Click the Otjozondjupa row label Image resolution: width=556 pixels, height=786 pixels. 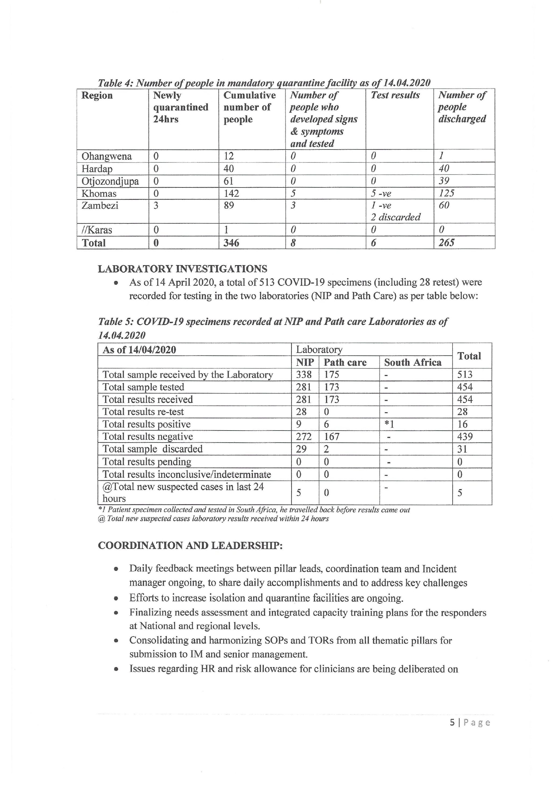[110, 181]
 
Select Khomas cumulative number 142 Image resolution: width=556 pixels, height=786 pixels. [231, 193]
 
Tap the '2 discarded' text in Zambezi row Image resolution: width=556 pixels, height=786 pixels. [395, 217]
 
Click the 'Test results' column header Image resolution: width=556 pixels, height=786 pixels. [395, 95]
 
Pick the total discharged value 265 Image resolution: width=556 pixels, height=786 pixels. [447, 243]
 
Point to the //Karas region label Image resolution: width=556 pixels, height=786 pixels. [97, 230]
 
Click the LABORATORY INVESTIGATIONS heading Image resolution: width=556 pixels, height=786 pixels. [182, 269]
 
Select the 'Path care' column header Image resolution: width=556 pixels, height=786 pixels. [345, 362]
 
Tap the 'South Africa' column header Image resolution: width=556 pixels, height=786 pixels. [413, 362]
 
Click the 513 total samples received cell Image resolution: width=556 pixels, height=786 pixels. [465, 375]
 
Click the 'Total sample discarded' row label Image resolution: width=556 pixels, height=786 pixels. [152, 449]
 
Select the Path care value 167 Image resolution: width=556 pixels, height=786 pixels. [331, 436]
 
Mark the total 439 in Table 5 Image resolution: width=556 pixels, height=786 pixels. [465, 436]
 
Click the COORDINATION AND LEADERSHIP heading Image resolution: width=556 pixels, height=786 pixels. [190, 545]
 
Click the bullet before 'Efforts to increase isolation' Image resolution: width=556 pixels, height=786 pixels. [116, 599]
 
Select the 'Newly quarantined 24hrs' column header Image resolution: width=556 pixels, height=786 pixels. [180, 107]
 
